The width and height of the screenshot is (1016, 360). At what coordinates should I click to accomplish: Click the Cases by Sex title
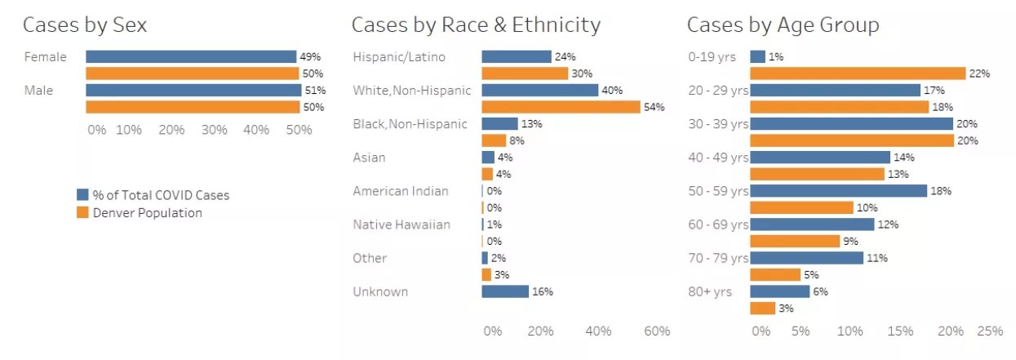coord(85,25)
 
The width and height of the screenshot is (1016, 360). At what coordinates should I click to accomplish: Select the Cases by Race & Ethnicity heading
coord(476,25)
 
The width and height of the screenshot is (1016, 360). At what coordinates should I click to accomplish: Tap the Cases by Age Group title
coord(783,25)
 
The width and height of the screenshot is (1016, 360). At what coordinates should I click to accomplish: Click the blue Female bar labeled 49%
coord(191,57)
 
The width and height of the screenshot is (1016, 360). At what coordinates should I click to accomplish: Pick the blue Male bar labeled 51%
coord(193,91)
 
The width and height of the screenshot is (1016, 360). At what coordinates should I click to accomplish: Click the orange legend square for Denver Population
coord(82,213)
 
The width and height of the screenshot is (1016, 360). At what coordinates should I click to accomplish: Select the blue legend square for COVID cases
coord(82,195)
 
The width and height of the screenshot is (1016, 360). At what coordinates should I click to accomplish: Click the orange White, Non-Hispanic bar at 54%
coord(561,107)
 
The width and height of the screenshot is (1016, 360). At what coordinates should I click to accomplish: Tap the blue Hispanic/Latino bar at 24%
coord(517,57)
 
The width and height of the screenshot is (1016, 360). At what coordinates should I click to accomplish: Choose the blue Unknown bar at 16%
coord(505,291)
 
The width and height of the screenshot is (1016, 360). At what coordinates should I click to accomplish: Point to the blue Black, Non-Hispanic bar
coord(499,124)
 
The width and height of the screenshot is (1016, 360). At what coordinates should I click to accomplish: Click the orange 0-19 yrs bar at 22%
coord(858,73)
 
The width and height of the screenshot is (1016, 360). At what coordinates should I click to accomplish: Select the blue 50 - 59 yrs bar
coord(839,191)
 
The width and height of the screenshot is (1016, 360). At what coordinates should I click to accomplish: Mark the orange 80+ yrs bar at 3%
coord(762,309)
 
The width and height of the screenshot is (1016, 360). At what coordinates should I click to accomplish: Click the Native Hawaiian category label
coord(402,224)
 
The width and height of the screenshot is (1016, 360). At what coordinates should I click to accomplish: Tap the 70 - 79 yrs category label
coord(718,258)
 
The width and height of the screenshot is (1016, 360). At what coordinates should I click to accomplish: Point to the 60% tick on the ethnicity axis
coord(657,331)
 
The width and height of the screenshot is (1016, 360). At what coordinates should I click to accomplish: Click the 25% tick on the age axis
coord(990,331)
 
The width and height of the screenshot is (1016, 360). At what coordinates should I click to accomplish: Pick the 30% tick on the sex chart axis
coord(215,130)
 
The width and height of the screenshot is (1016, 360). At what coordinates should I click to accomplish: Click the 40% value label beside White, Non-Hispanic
coord(611,91)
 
